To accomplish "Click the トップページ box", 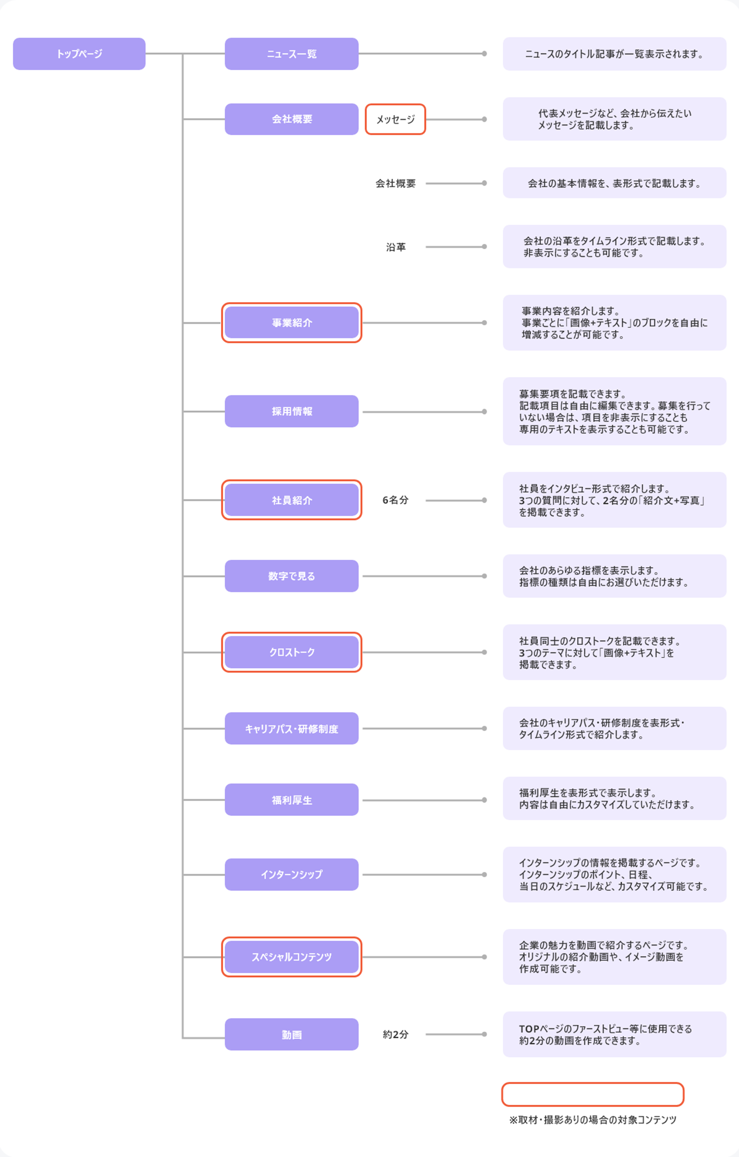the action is [79, 54].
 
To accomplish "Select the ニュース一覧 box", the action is [292, 54].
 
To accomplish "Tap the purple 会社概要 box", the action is [292, 119].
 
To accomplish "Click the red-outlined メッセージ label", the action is [396, 119].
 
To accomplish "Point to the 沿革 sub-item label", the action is [396, 247].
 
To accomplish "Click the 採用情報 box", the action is [292, 411].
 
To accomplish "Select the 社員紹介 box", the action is [292, 500].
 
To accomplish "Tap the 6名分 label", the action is [396, 500].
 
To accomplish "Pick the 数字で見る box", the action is [292, 576].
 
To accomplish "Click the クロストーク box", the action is [292, 652].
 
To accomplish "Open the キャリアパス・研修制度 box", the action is [292, 728].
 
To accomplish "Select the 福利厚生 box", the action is [292, 800].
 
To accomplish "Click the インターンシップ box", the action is [292, 875].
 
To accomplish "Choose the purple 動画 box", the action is [292, 1034].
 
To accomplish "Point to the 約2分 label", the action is [396, 1034].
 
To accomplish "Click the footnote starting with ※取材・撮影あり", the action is [593, 1120].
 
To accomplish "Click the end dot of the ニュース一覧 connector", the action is [484, 54].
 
